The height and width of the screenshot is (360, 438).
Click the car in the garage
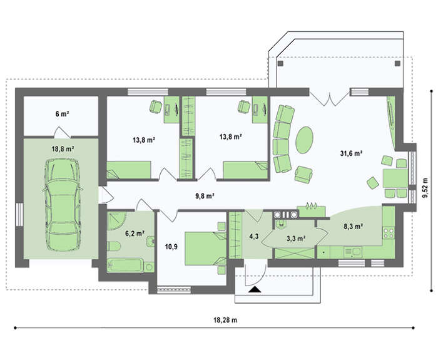pos(63,204)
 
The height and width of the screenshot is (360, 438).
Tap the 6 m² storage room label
pos(63,114)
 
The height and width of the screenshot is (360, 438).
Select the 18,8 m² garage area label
pos(63,149)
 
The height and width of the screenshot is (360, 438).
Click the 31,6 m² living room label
pos(351,153)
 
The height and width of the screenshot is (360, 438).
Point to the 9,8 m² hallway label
pos(205,196)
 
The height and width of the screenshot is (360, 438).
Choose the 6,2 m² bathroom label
pos(135,234)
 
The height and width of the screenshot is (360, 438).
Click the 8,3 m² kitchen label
pos(353,227)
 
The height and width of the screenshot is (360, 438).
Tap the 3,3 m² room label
pos(295,239)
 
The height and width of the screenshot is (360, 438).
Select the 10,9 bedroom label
pos(171,247)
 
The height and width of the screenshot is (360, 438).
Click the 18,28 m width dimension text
pos(225,321)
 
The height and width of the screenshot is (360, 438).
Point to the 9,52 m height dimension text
pos(425,188)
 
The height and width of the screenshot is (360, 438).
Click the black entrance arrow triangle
pos(254,289)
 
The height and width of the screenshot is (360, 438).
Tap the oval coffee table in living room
pos(305,140)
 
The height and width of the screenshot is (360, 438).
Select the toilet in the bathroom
pos(114,246)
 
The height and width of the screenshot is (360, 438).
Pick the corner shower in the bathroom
pos(116,221)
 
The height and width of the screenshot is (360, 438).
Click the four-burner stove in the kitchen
pos(389,234)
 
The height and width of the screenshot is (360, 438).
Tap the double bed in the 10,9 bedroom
pos(206,249)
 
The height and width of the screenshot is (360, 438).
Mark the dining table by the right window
pos(395,178)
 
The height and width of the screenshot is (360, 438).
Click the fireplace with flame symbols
pos(311,210)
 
